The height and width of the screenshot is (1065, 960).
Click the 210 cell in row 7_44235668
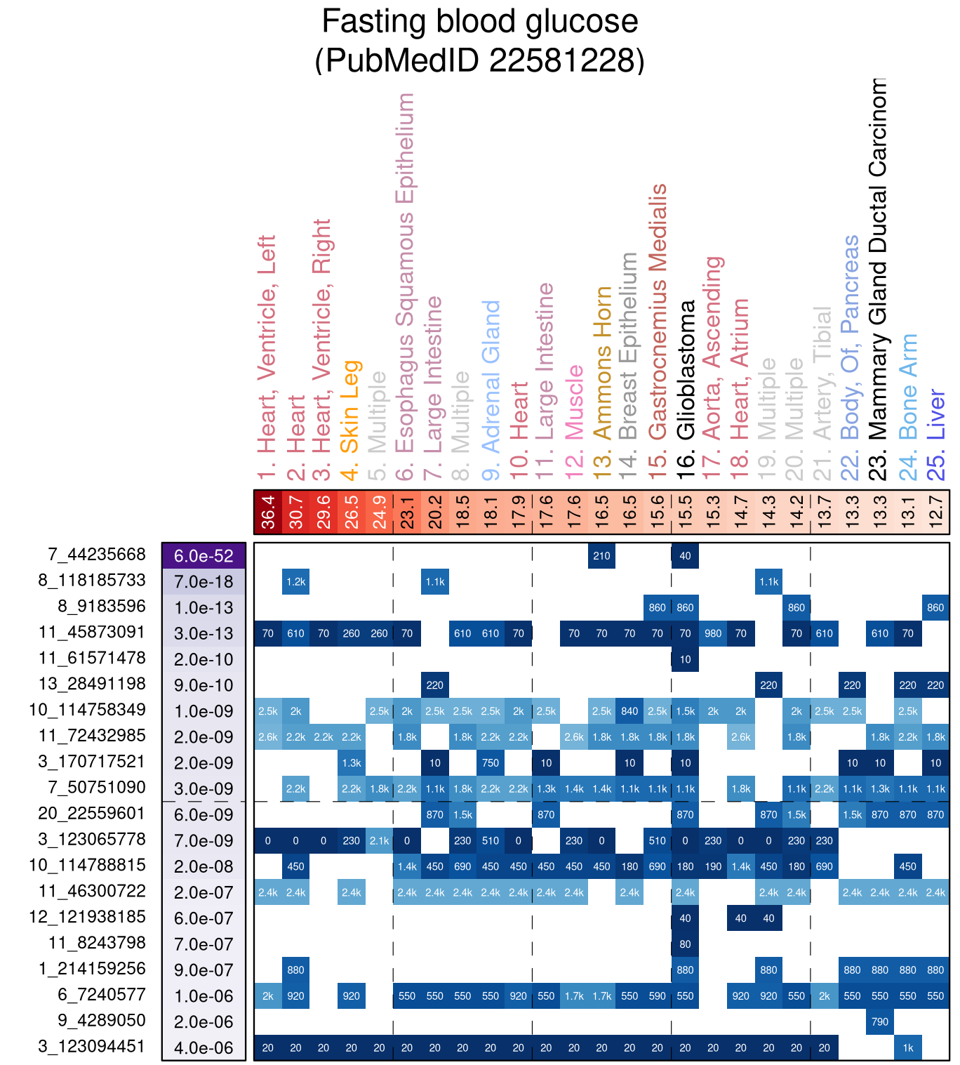601,556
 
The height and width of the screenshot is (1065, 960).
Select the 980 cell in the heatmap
713,633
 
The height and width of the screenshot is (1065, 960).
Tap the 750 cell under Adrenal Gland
491,763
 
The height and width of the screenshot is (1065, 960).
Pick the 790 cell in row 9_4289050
880,1021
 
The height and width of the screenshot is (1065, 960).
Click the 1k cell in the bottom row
908,1048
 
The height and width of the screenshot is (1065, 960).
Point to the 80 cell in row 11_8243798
685,944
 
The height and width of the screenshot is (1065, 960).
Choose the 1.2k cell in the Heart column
295,581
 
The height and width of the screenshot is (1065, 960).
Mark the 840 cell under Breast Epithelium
629,711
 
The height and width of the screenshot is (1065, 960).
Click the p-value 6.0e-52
204,556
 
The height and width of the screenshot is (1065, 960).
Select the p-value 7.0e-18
204,581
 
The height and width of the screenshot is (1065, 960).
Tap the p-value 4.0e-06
204,1048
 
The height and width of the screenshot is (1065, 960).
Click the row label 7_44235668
97,555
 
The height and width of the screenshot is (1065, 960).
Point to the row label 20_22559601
92,814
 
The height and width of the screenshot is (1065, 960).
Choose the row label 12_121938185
87,917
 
